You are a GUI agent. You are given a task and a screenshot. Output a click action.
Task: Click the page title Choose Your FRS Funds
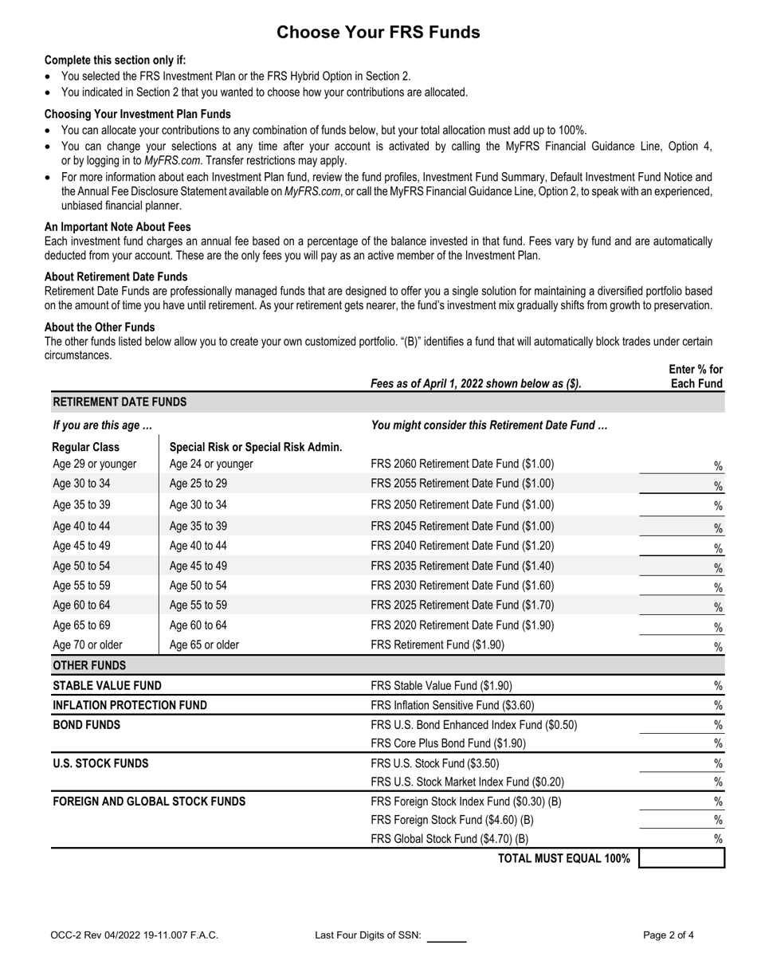[x=378, y=32]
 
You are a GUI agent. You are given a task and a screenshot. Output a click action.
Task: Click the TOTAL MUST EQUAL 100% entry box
[x=681, y=858]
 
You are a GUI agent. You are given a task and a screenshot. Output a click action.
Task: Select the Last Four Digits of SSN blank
[x=446, y=935]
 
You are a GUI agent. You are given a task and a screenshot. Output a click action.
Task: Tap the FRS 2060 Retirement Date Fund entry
[x=462, y=464]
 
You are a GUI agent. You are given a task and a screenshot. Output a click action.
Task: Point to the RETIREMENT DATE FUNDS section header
[x=119, y=402]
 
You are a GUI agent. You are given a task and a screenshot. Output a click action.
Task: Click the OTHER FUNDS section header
[x=88, y=664]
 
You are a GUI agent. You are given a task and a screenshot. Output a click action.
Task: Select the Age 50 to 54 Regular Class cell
[x=81, y=566]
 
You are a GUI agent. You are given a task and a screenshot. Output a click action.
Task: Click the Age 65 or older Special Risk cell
[x=204, y=645]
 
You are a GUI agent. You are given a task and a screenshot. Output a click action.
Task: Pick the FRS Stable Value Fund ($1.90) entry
[x=441, y=685]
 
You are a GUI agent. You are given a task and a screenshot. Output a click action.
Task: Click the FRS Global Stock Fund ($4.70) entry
[x=449, y=838]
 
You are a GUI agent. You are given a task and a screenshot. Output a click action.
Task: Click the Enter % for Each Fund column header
[x=696, y=376]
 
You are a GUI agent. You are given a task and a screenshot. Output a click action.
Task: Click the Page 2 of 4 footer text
[x=668, y=935]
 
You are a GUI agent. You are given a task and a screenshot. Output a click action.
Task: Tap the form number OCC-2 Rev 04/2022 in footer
[x=133, y=935]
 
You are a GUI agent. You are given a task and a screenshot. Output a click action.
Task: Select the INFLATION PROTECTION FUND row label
[x=129, y=705]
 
